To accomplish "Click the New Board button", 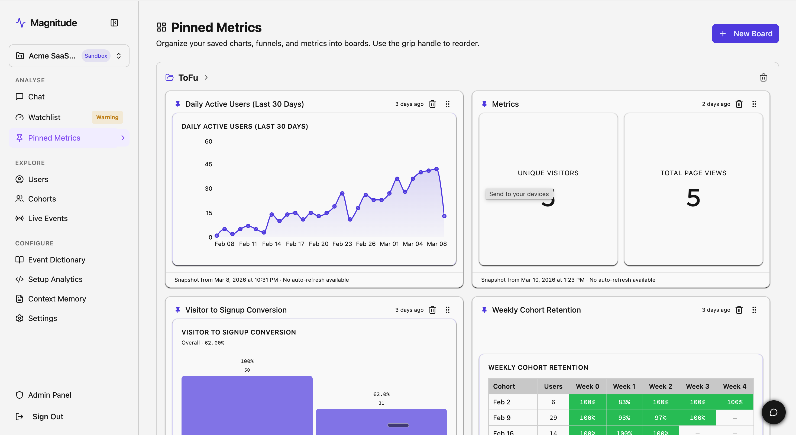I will tap(745, 34).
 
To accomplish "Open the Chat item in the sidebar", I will tap(36, 97).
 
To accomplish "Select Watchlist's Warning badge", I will tap(107, 117).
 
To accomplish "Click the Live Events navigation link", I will tap(48, 218).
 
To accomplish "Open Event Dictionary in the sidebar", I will tap(57, 260).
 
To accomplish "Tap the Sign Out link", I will tap(48, 417).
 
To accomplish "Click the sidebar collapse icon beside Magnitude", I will tap(114, 23).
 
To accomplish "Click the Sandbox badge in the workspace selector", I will tap(96, 56).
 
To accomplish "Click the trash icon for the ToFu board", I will tap(763, 77).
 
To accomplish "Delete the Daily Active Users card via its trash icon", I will tap(432, 104).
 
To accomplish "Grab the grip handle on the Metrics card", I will tap(754, 104).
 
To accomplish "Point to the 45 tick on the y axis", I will tap(209, 164).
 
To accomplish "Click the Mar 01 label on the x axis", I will tap(389, 244).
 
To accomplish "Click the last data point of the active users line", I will tap(444, 216).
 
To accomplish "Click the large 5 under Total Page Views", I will tap(693, 198).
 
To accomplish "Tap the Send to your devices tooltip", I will tap(519, 194).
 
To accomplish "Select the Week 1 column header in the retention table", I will tap(624, 387).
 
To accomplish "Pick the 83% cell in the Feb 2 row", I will tap(624, 402).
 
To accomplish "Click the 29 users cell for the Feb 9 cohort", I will tap(553, 418).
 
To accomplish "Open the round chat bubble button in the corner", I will tap(774, 413).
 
